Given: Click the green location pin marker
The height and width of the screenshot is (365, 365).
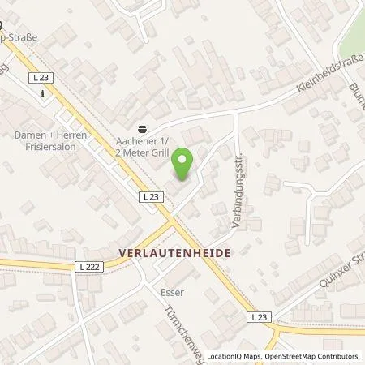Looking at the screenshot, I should pos(184,163).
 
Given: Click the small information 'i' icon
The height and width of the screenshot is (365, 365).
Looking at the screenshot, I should pos(42,93).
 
